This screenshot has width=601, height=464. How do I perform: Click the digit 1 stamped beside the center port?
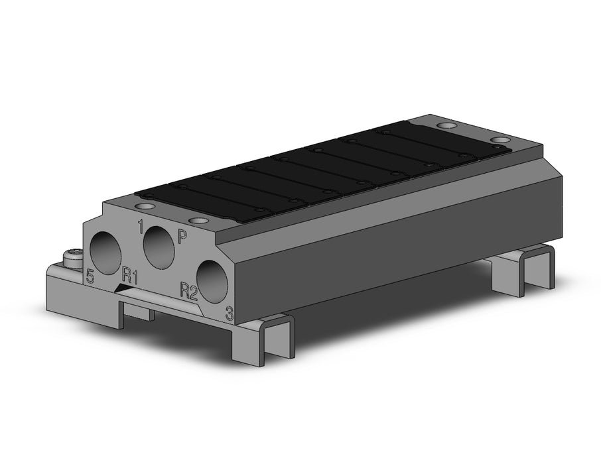point(140,227)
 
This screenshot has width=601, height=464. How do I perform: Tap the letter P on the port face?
point(182,237)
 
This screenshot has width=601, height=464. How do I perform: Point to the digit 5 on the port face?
point(90,276)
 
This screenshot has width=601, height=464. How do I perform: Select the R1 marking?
point(130,276)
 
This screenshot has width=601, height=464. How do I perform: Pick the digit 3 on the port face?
point(230,314)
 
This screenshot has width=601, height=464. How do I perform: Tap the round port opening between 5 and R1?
point(105,254)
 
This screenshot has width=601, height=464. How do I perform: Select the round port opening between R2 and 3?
point(212,281)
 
